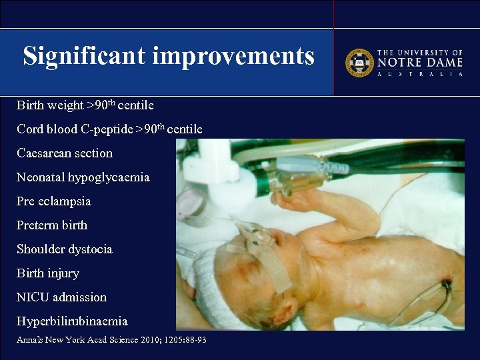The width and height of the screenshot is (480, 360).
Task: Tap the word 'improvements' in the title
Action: point(233,56)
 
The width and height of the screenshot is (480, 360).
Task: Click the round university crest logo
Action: point(359,63)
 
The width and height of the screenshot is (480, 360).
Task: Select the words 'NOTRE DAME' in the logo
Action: point(420,63)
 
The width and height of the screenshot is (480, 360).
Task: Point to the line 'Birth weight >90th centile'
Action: point(85,105)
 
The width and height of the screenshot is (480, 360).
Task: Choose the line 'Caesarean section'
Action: point(65,153)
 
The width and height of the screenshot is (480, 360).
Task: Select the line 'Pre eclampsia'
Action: point(54,201)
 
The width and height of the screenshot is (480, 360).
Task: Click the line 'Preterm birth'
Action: point(52,225)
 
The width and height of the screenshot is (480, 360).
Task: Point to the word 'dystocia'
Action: point(91,249)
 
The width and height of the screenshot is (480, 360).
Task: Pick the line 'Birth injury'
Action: point(48,273)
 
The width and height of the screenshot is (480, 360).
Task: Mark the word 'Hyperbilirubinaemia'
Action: point(72,321)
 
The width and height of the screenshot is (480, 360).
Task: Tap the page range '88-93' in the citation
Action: point(193,340)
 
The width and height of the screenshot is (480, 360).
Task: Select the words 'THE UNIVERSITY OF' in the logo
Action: point(420,52)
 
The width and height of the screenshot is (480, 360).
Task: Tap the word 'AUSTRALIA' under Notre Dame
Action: point(420,74)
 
